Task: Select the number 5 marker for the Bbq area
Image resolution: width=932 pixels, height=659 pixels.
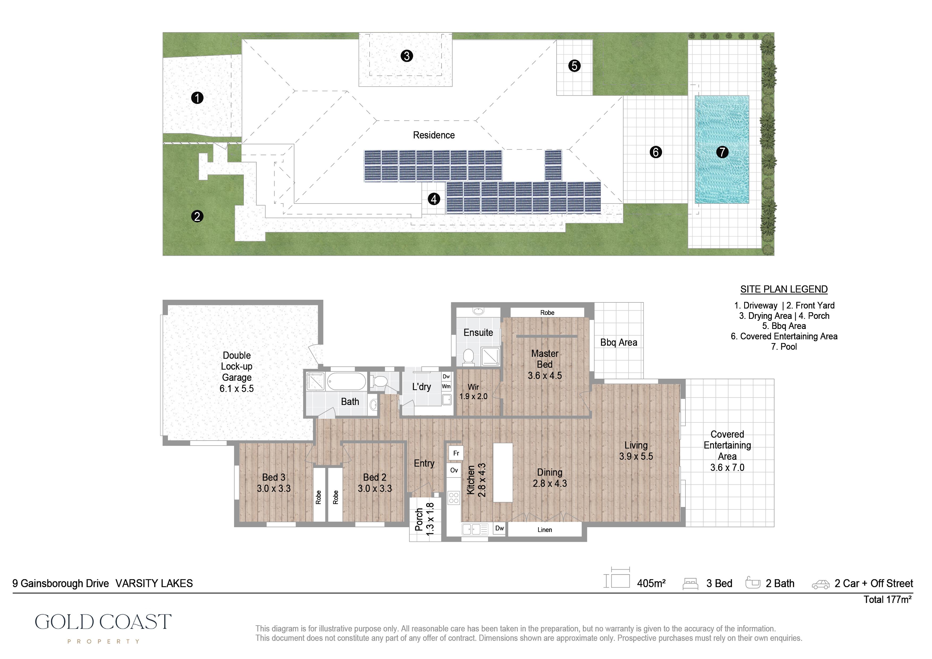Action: pos(574,66)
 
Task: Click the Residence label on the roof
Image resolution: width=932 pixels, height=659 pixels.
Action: pos(434,135)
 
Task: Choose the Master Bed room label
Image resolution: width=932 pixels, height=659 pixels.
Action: pos(545,359)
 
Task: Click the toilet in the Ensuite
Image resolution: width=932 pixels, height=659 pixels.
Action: pos(468,357)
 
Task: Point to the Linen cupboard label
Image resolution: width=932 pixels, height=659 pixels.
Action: pos(544,530)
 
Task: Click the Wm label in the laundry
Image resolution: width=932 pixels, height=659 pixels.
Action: pos(446,387)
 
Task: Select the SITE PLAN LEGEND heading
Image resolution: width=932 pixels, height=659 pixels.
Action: pos(783,289)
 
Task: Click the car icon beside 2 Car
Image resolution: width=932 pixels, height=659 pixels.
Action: pos(820,585)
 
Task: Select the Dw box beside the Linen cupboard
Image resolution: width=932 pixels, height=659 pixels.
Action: pos(499,528)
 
